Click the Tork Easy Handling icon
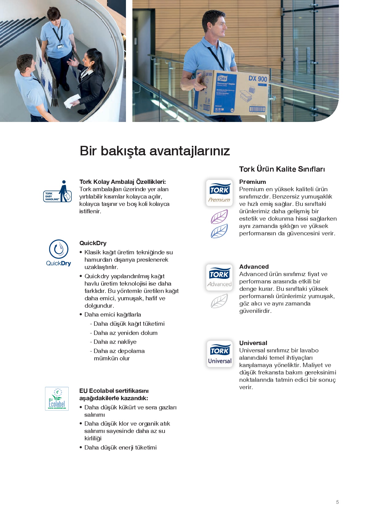[x=58, y=192]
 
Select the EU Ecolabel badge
[x=57, y=399]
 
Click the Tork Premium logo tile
[x=219, y=193]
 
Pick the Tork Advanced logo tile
[x=219, y=277]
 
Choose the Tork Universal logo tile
[x=219, y=354]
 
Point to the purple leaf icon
[x=219, y=217]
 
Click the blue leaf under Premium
[x=219, y=231]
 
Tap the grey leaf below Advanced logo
[x=219, y=301]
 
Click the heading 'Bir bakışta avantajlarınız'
[x=155, y=151]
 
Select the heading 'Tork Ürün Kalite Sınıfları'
[x=282, y=169]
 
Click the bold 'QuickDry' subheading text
[x=93, y=243]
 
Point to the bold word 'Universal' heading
[x=253, y=343]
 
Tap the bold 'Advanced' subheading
[x=254, y=267]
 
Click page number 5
[x=337, y=502]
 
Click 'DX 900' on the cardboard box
[x=257, y=79]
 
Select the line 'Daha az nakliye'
[x=115, y=342]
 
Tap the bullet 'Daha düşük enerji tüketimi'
[x=120, y=448]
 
